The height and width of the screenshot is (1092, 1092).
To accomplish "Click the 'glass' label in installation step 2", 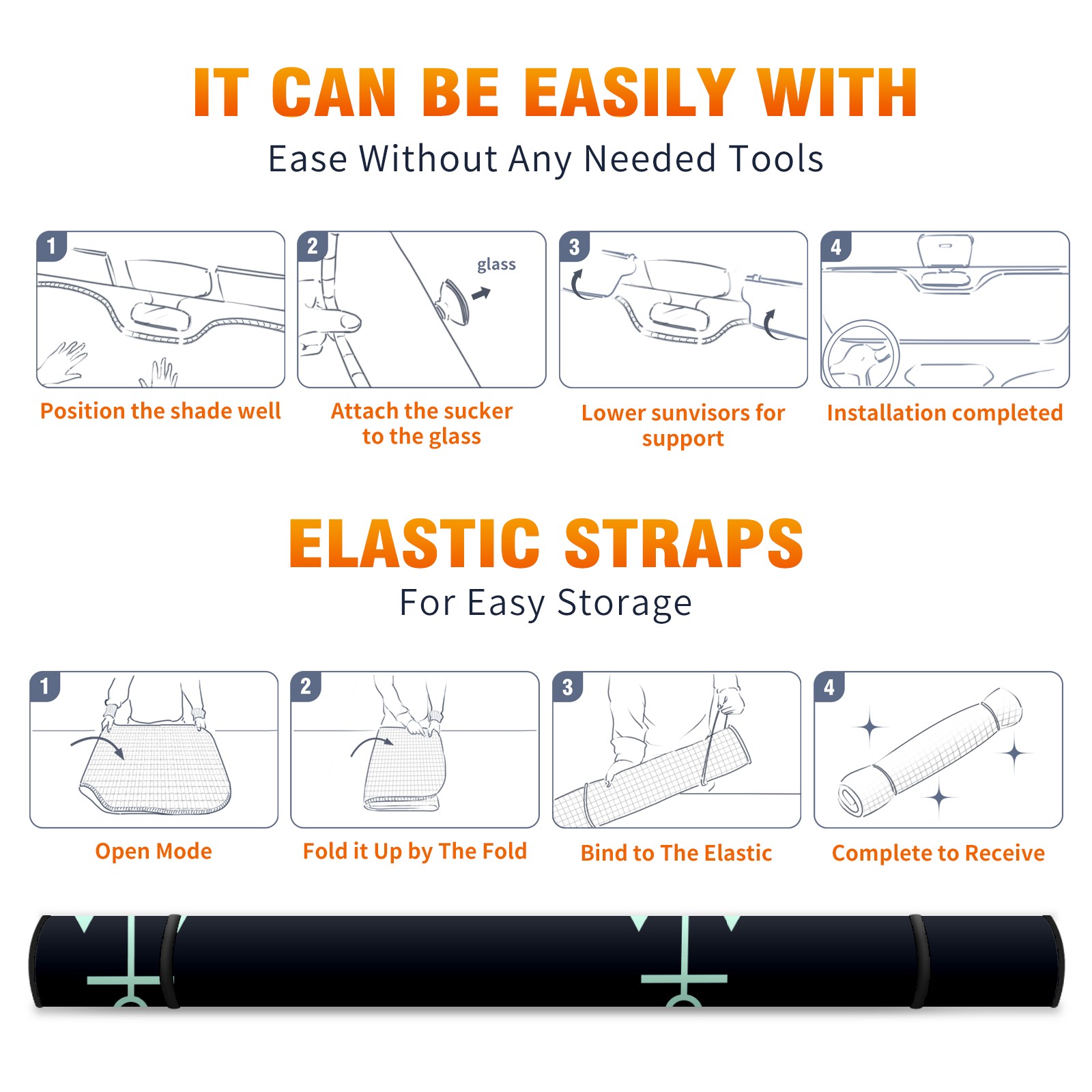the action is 496,265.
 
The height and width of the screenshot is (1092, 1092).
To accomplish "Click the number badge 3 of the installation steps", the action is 574,246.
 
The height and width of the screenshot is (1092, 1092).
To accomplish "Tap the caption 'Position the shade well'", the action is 160,411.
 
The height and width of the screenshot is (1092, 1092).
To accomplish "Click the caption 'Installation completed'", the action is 945,412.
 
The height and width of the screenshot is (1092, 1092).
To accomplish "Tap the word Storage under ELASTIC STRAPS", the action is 624,603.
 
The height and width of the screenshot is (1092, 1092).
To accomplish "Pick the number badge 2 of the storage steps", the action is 305,687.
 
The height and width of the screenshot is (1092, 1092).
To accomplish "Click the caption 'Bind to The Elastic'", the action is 676,853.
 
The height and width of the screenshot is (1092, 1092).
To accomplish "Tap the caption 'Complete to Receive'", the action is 938,853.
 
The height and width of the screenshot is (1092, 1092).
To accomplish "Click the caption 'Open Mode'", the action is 154,851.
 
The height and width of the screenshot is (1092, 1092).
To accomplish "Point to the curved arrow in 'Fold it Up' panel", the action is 372,745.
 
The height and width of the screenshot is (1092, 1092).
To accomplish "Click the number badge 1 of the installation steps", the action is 51,246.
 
